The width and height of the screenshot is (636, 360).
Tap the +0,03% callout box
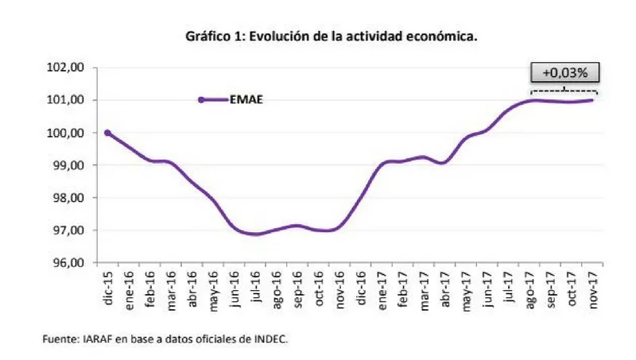[564, 72]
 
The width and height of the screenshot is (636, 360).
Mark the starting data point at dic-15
[107, 133]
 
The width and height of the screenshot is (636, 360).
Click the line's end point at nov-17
[593, 100]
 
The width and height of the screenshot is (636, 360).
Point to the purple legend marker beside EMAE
[202, 99]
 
